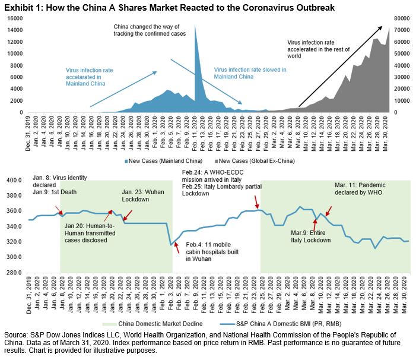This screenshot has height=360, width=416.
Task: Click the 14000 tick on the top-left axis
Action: [15, 18]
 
